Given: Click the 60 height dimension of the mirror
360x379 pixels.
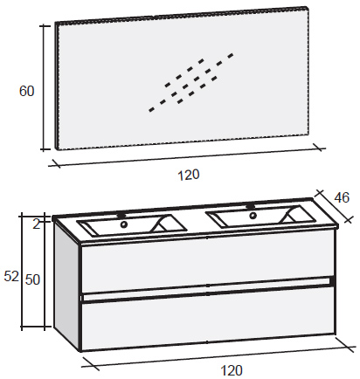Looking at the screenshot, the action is (x=26, y=91).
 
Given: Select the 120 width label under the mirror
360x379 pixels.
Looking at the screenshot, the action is (x=189, y=175).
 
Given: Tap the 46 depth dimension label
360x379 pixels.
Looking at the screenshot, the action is (x=342, y=198).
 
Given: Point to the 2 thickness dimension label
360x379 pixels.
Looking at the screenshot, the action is (x=36, y=224).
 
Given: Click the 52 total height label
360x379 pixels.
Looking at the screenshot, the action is (x=11, y=276).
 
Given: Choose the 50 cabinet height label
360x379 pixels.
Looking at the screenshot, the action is (x=32, y=279).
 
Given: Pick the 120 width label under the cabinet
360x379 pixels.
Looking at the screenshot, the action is (x=232, y=370).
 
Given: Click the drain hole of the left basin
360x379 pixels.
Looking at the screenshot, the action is (x=124, y=224).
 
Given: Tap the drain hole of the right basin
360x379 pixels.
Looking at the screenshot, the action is (x=253, y=216).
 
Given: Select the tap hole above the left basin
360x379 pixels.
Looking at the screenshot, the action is (x=121, y=216).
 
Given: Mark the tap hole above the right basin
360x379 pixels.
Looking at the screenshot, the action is (x=250, y=206).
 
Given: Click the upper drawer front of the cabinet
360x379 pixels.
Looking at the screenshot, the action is (x=207, y=264).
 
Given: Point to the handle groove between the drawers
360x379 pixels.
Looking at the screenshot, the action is (x=207, y=290).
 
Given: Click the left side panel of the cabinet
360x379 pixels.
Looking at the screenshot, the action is (x=67, y=286).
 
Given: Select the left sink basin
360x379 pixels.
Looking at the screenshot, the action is (x=132, y=225).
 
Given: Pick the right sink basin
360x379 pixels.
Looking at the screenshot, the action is (x=260, y=217).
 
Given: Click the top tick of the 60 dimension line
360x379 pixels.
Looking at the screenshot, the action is (x=45, y=26).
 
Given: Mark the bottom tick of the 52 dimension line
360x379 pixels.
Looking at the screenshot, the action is (x=22, y=327).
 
